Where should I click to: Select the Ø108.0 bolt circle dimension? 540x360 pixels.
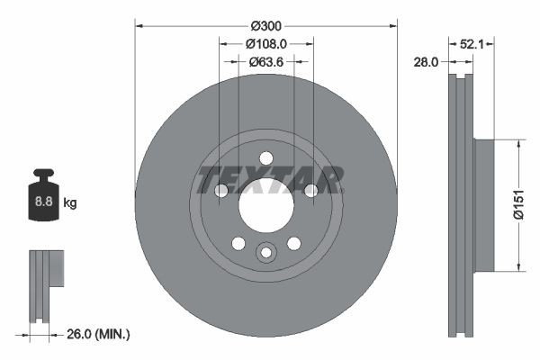pyautogui.click(x=265, y=43)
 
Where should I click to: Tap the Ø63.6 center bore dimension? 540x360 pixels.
pyautogui.click(x=265, y=62)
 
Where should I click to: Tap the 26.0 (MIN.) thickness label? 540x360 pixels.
pyautogui.click(x=98, y=335)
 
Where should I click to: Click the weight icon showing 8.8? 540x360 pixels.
pyautogui.click(x=43, y=201)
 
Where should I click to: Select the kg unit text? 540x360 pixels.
pyautogui.click(x=70, y=203)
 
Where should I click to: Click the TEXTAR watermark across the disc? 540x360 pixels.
pyautogui.click(x=270, y=180)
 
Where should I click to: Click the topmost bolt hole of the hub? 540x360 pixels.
pyautogui.click(x=265, y=158)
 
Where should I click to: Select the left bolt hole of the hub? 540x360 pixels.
pyautogui.click(x=221, y=190)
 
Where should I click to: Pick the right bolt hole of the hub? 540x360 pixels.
pyautogui.click(x=310, y=190)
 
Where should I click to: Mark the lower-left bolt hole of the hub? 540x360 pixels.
pyautogui.click(x=238, y=243)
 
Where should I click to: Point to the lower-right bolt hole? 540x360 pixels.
pyautogui.click(x=293, y=243)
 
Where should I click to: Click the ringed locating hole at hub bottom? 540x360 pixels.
pyautogui.click(x=265, y=253)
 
